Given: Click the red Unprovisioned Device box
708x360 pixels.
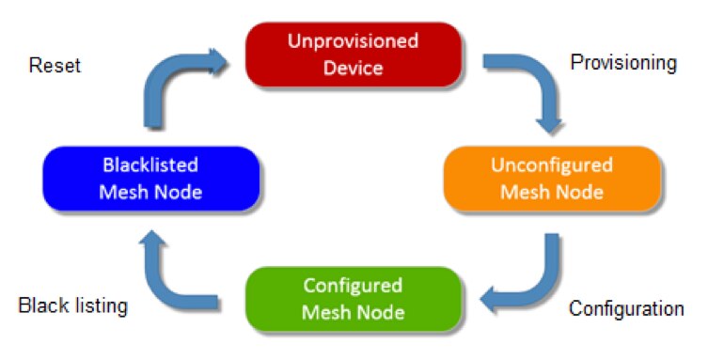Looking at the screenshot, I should click(353, 54).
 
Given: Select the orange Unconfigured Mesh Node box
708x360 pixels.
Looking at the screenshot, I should click(551, 179).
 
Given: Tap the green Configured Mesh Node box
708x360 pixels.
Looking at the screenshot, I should click(353, 298).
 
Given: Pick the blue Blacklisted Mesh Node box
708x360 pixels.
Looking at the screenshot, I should click(150, 179).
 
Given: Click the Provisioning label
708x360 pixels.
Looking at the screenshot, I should click(623, 63).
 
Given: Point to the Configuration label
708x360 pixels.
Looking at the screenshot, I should click(626, 308).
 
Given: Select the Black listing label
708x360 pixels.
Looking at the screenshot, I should click(72, 305).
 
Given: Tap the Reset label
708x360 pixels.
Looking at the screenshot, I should click(55, 66).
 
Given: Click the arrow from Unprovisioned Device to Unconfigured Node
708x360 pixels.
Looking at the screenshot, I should click(531, 89).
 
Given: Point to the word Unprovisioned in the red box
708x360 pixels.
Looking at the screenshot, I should click(353, 42).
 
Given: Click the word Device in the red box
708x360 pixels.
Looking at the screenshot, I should click(353, 67).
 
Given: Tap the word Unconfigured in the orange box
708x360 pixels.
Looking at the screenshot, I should click(551, 166).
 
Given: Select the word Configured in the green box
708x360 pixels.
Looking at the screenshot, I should click(353, 286).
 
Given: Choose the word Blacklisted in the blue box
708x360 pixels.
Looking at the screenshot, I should click(150, 166).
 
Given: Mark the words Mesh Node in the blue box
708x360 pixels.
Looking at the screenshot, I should click(150, 192).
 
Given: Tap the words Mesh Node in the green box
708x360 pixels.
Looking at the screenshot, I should click(353, 311).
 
